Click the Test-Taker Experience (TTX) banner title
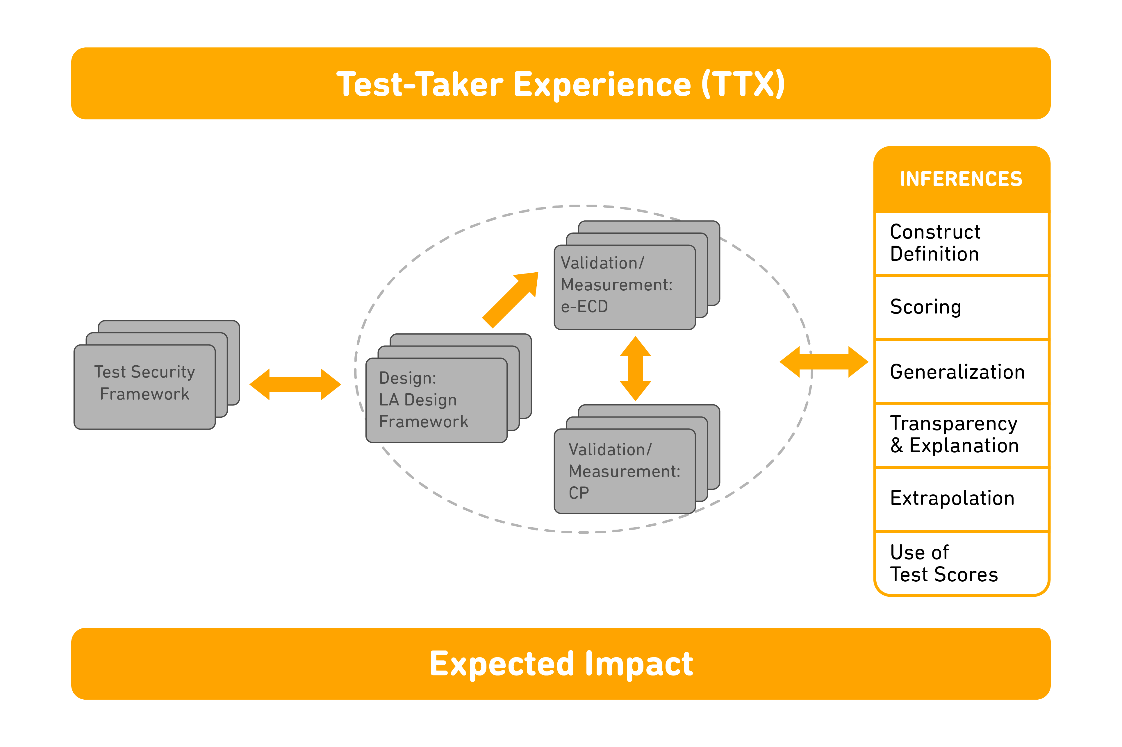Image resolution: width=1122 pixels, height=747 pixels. (x=561, y=84)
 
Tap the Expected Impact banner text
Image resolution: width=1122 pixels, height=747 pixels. (x=561, y=664)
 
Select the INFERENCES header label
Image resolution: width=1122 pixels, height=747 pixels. (x=961, y=179)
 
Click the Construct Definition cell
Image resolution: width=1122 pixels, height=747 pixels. (x=962, y=244)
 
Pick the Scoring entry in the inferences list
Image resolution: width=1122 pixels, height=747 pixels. (x=962, y=307)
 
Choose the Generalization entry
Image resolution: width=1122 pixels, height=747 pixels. (x=962, y=371)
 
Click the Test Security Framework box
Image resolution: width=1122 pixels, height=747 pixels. (x=145, y=387)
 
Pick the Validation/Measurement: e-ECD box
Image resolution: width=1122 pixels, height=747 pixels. (x=625, y=287)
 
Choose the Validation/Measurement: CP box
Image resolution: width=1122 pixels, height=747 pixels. (x=625, y=471)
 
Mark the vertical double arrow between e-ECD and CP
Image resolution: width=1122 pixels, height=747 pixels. (x=636, y=368)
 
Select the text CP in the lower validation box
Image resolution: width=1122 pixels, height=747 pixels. (x=579, y=493)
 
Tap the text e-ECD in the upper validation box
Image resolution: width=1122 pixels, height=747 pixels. (x=585, y=306)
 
